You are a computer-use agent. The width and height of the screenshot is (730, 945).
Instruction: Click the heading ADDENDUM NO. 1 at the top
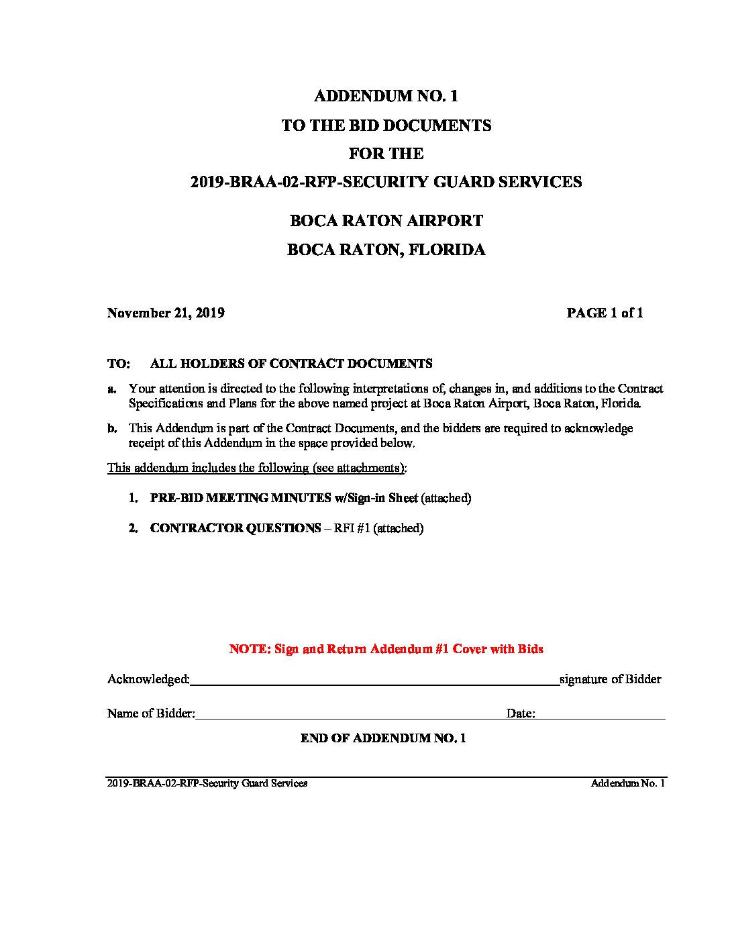tap(386, 96)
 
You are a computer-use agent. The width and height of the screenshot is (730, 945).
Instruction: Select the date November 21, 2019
tap(166, 313)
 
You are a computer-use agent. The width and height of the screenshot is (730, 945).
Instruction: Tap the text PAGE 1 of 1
tap(605, 313)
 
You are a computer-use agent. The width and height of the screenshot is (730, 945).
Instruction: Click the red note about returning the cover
tap(386, 649)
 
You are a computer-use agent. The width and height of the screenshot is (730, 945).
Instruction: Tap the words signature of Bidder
tap(610, 679)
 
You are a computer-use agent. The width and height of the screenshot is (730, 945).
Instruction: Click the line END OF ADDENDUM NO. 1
tap(383, 738)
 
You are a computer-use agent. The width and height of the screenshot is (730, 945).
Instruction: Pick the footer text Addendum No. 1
tap(627, 783)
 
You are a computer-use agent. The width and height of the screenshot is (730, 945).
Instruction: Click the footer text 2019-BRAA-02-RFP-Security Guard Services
tap(207, 783)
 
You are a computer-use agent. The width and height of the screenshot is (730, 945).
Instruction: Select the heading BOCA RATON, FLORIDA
tap(386, 250)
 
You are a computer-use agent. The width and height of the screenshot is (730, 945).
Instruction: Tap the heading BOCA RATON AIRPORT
tap(386, 221)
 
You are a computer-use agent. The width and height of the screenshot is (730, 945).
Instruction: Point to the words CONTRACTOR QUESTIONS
tap(235, 528)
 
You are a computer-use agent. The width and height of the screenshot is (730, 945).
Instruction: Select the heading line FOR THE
tap(386, 154)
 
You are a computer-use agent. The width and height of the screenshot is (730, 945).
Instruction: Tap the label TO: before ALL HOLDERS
tap(118, 364)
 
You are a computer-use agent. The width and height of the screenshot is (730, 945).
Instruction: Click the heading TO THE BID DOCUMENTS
tap(386, 126)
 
